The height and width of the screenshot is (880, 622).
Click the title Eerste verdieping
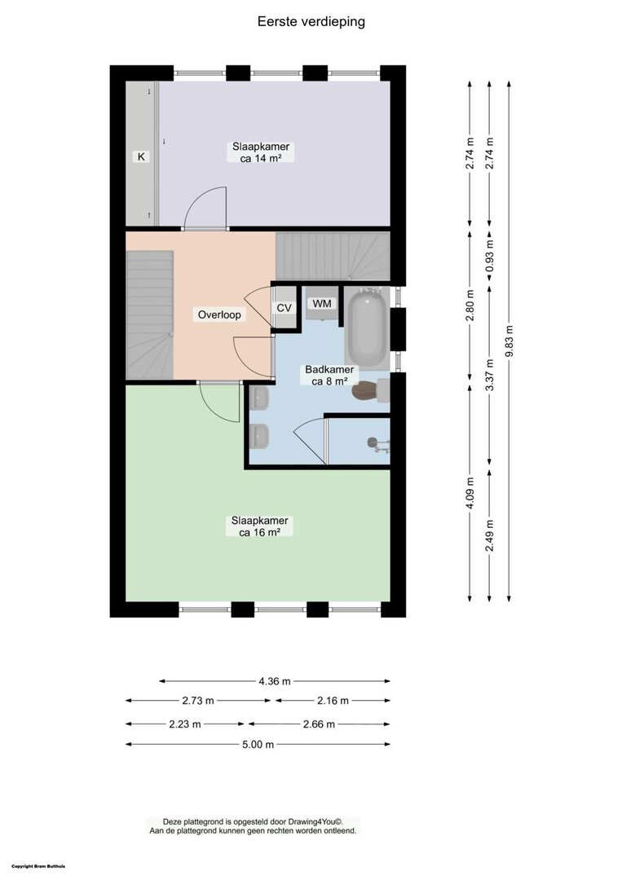311,21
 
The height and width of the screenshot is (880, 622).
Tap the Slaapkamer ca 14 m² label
261,152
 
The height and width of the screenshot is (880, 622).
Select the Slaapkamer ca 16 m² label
260,526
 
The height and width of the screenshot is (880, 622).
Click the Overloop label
219,315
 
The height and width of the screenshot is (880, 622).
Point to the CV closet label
285,308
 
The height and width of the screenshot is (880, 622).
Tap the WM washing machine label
322,304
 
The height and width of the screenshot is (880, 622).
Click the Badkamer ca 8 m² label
329,376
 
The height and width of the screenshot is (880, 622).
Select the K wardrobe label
141,156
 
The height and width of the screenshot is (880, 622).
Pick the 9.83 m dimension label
510,341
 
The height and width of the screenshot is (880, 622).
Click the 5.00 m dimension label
258,745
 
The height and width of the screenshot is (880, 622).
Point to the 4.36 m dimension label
275,681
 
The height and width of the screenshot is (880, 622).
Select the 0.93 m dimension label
490,256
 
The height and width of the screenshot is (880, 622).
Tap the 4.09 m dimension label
470,493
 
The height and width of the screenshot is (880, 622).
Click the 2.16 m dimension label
333,701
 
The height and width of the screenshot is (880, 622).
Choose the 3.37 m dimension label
490,375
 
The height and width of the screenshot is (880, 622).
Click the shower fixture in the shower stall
379,445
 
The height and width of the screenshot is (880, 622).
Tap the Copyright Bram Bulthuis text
38,866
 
